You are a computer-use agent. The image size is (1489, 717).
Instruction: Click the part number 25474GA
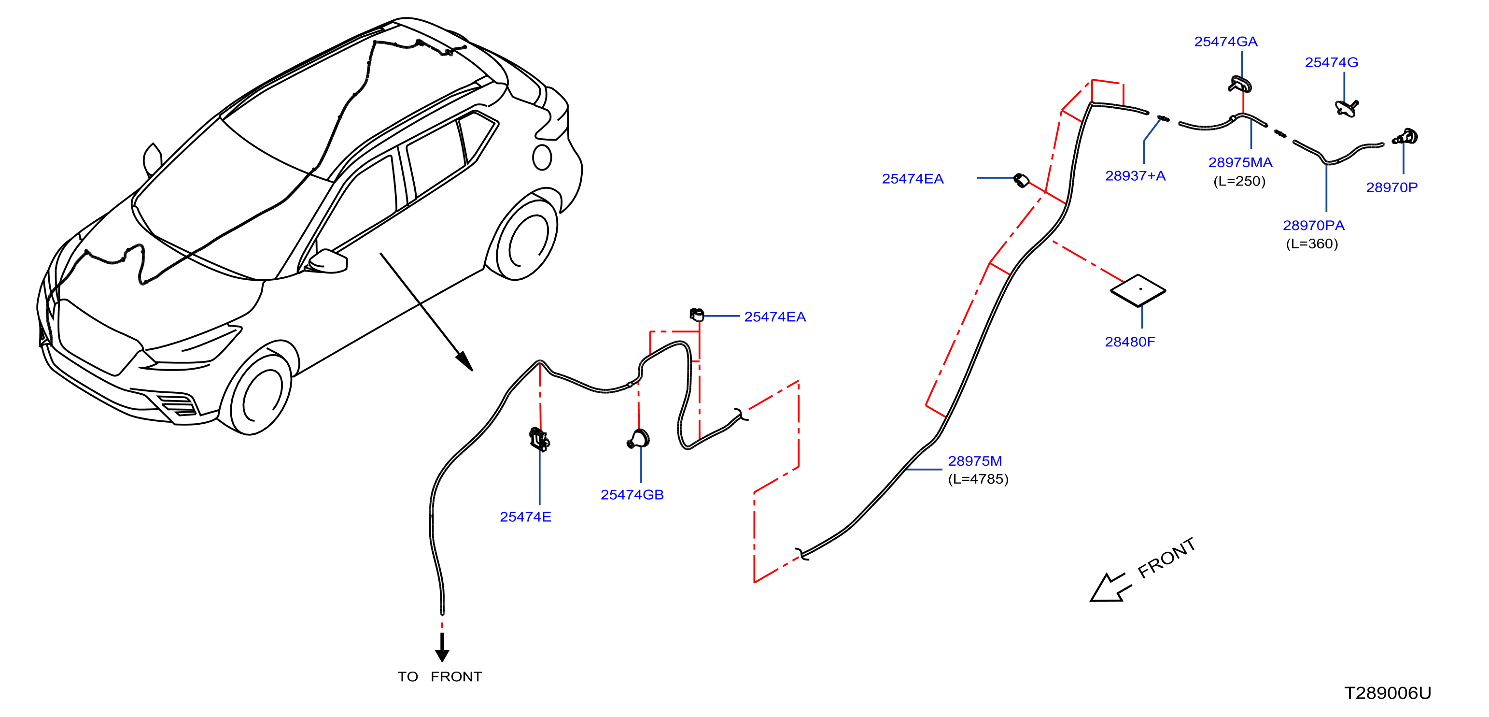pos(1225,42)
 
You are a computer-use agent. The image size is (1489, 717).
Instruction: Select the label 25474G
pos(1331,62)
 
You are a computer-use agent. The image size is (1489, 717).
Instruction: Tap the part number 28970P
pos(1391,187)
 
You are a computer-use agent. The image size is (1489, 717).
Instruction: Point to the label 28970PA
pos(1313,226)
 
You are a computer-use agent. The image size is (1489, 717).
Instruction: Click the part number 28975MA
pos(1240,162)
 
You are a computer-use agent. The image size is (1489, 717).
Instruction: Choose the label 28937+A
pos(1135,176)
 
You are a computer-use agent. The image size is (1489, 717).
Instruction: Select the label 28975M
pos(974,461)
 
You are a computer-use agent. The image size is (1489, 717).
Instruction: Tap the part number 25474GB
pos(632,495)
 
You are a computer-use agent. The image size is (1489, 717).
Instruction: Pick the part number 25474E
pos(525,517)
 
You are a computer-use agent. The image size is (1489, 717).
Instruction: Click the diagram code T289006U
pos(1387,693)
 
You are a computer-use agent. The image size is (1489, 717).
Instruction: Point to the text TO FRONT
pos(439,676)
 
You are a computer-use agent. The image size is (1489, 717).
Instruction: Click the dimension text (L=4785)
pos(978,479)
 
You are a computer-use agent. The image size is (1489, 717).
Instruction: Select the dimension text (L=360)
pos(1311,244)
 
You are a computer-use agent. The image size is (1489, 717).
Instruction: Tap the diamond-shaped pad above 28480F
pos(1138,290)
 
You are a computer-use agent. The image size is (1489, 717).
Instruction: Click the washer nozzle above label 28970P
pos(1406,137)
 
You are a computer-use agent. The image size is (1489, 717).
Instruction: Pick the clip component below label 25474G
pos(1347,108)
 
